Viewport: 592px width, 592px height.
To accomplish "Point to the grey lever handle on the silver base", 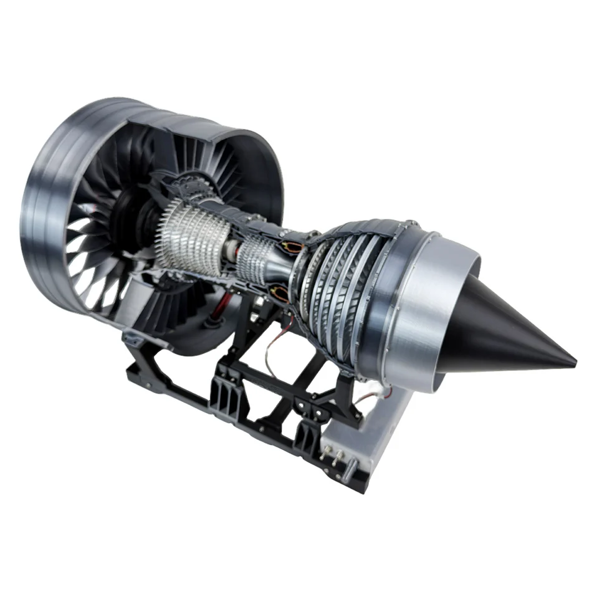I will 352,464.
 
